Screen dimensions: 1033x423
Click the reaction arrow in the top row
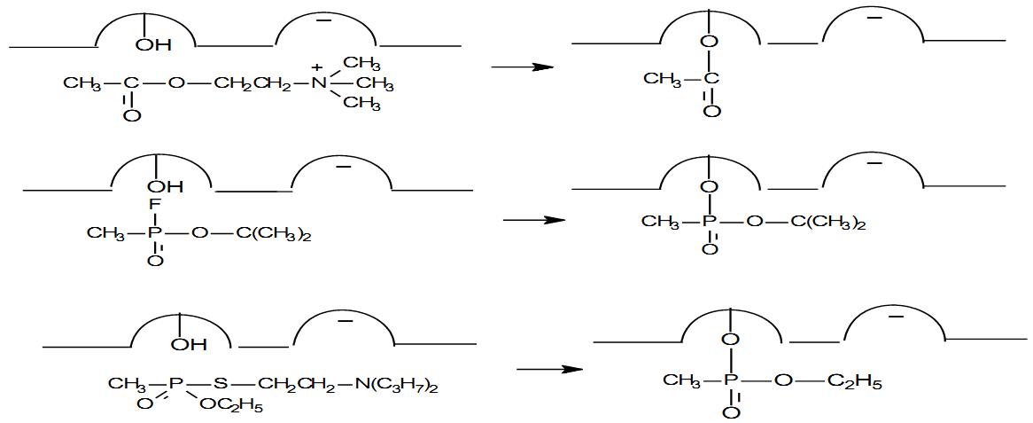pyautogui.click(x=521, y=67)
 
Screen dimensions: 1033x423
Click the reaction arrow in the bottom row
pyautogui.click(x=549, y=370)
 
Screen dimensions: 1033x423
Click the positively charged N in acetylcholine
pyautogui.click(x=319, y=84)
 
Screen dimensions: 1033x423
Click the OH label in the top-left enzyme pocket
pyautogui.click(x=153, y=45)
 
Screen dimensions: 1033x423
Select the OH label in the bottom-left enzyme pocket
pyautogui.click(x=189, y=344)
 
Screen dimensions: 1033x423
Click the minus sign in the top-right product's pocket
pyautogui.click(x=874, y=18)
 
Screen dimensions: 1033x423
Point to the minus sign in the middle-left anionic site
pyautogui.click(x=343, y=167)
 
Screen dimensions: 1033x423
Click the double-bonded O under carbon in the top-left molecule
pyautogui.click(x=132, y=115)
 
